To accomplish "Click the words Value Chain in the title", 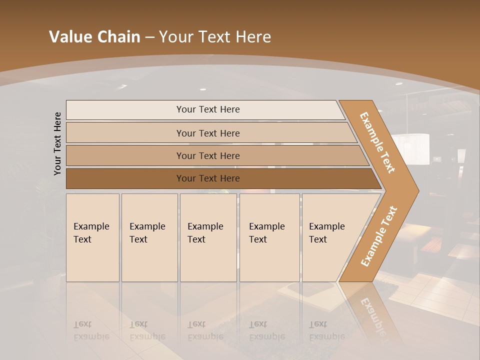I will pos(94,37).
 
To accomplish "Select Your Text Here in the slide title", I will pos(215,37).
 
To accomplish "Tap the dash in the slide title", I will pos(149,37).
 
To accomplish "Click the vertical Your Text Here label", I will pos(57,144).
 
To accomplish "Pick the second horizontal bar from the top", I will pos(207,133).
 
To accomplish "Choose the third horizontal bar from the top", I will pos(207,155).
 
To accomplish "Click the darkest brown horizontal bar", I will pos(207,178).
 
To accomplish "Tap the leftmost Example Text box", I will pos(92,237).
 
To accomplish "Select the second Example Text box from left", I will pos(149,237).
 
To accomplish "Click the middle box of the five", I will pos(208,237).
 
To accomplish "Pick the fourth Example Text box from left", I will pos(269,237).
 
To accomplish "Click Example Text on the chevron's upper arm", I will pos(377,142).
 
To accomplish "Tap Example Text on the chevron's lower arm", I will pos(378,236).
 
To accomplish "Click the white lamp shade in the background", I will pos(410,148).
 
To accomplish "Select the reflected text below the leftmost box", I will pos(91,330).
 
